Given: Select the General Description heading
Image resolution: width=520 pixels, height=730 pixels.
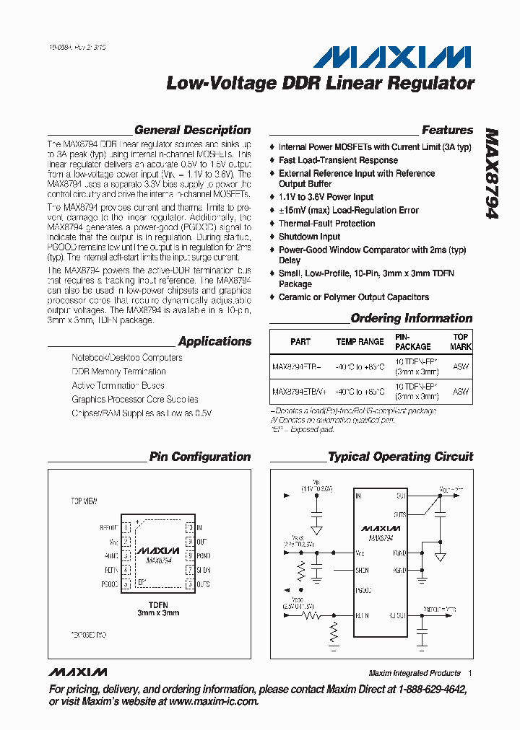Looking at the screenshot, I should pos(192,131).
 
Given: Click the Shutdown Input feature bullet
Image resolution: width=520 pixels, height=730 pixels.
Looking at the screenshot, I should pos(309,237).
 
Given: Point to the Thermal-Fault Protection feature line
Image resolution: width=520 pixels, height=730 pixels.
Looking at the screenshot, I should pos(326,224).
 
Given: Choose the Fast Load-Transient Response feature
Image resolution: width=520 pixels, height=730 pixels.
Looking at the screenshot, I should pos(338,160).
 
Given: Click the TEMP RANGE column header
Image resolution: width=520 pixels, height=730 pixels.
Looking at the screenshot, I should pos(360,342).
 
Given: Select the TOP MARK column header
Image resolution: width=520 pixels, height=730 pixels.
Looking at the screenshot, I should pos(460,342).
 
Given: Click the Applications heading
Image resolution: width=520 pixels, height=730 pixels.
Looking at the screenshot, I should pos(214,342).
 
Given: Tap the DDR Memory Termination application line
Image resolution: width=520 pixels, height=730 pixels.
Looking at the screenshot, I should pos(118,371).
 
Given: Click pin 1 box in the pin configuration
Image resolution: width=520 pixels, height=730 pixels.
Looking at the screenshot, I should pos(126,528).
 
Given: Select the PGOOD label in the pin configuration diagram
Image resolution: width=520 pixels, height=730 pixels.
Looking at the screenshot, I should pos(109,584).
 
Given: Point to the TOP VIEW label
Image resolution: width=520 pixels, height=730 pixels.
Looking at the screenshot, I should pos(84,501).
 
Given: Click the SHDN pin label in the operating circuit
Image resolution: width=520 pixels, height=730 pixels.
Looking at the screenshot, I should pos(363,570).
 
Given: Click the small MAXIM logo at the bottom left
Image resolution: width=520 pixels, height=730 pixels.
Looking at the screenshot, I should pos(79,672).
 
